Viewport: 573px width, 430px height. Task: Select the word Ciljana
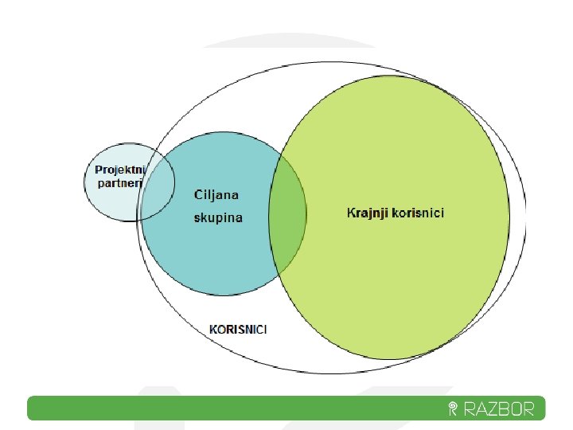pos(216,194)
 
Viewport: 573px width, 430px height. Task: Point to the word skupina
pos(219,217)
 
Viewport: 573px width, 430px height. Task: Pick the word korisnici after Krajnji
pos(419,213)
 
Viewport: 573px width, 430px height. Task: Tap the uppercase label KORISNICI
pos(237,328)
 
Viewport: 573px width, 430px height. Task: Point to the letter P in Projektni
pos(99,170)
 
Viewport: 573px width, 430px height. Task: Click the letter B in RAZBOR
pos(510,409)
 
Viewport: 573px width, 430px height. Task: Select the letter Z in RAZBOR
pos(497,409)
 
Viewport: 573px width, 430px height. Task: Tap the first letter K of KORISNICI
pos(212,328)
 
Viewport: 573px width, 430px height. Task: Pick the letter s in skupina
pos(197,218)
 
